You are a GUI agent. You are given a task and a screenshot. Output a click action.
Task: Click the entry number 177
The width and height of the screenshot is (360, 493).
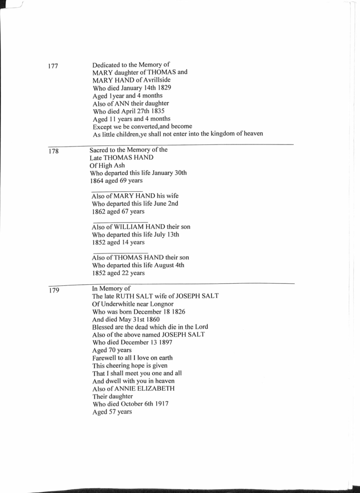tap(53, 67)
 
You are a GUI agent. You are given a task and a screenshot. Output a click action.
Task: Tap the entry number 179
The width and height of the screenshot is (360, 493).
tap(54, 290)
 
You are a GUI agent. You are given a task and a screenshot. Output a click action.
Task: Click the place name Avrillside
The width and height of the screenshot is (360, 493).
tap(156, 80)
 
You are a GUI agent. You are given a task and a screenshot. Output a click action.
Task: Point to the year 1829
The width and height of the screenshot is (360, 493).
tap(163, 88)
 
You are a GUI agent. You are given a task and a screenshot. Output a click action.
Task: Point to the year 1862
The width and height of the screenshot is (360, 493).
tap(99, 211)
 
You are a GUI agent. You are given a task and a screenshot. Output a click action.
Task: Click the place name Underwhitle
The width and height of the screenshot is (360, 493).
tap(122, 304)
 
